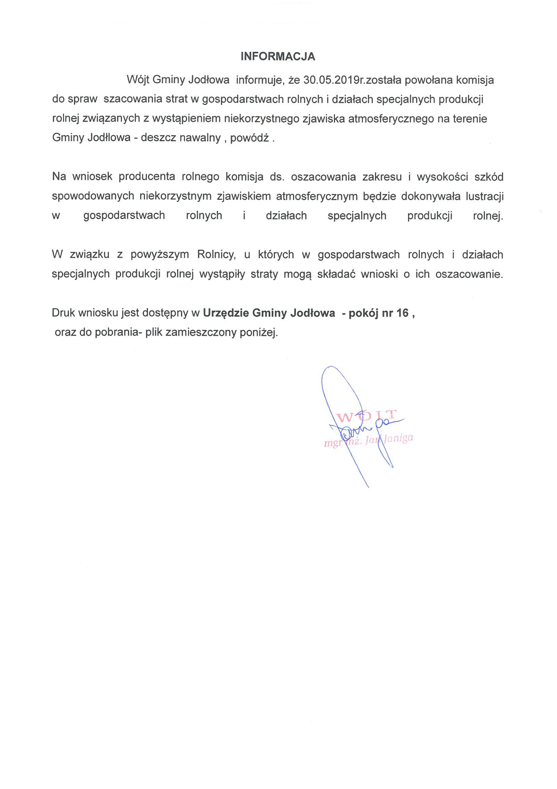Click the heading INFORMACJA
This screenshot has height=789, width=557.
[x=278, y=56]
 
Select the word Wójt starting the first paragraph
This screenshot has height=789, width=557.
[x=137, y=80]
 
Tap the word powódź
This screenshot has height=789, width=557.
[x=249, y=138]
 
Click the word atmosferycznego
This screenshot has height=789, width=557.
[x=391, y=119]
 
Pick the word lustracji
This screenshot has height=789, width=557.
[x=484, y=196]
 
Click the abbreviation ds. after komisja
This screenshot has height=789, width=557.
[x=277, y=176]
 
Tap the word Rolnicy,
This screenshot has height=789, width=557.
[x=216, y=255]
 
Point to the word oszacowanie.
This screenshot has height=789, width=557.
[x=469, y=274]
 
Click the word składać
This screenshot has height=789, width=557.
[x=336, y=274]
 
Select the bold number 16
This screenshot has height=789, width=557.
[x=403, y=313]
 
